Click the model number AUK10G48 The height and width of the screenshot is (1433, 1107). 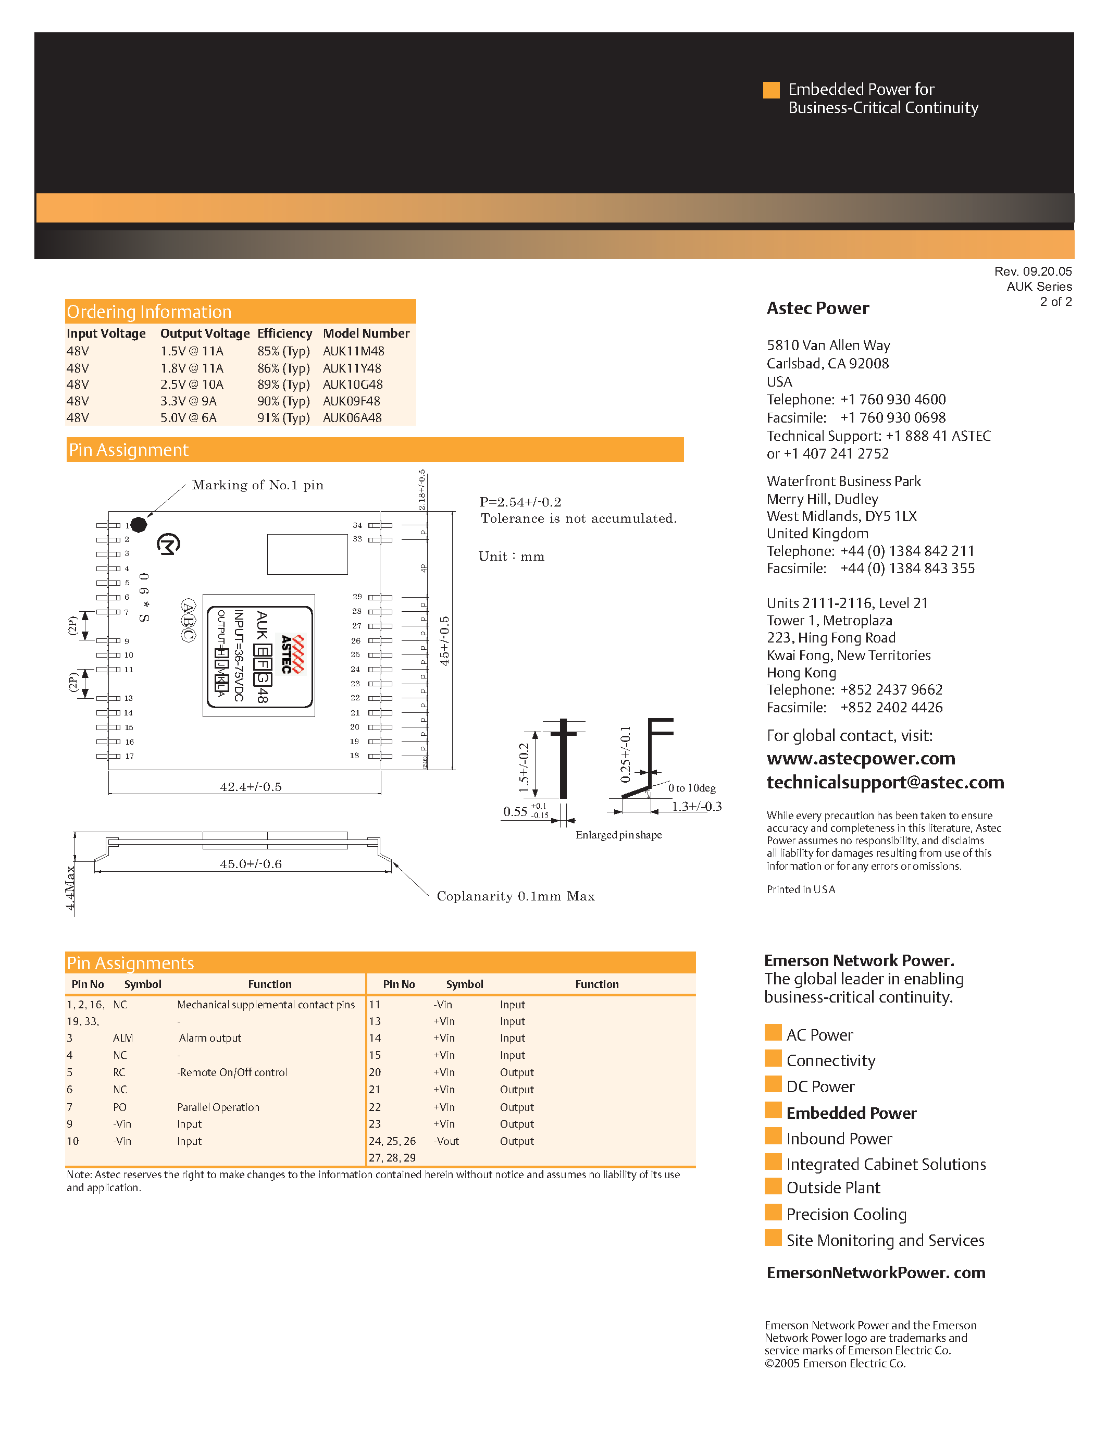[x=352, y=385]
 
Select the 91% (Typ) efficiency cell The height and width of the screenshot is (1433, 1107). [x=283, y=418]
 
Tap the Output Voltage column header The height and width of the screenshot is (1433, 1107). [x=205, y=333]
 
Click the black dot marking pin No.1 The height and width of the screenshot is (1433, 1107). [x=139, y=524]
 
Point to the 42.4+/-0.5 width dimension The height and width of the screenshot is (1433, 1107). [x=251, y=787]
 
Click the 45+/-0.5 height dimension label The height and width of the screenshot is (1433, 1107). [x=445, y=641]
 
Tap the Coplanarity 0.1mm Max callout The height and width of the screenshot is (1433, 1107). [x=515, y=896]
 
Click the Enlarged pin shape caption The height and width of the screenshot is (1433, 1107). [x=618, y=835]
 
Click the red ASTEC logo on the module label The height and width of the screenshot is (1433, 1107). [x=292, y=654]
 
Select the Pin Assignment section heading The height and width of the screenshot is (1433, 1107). [x=129, y=450]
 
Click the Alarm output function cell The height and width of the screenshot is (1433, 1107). [x=210, y=1038]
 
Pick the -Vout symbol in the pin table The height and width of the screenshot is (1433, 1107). [x=446, y=1141]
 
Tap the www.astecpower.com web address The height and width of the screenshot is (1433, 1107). [x=861, y=759]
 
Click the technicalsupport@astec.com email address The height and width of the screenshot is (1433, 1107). [x=885, y=782]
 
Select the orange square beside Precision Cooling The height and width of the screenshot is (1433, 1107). [x=773, y=1213]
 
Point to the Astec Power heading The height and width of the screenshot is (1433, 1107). [x=818, y=308]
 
